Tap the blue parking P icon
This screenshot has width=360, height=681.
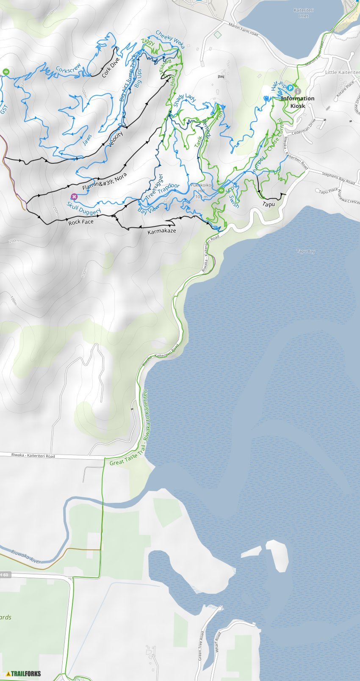tap(291, 88)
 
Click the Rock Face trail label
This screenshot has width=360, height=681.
tap(81, 222)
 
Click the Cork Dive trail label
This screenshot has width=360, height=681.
tap(111, 67)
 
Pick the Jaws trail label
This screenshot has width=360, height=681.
tap(87, 140)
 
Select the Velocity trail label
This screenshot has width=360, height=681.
tap(116, 139)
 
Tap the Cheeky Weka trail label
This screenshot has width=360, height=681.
tap(170, 39)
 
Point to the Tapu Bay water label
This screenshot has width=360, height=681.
tap(306, 251)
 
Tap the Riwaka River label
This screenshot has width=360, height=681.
tap(26, 557)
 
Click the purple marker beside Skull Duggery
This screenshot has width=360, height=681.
tap(74, 196)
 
